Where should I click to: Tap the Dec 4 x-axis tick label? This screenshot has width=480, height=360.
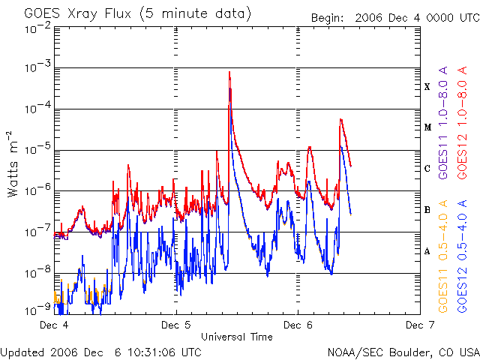point(55,325)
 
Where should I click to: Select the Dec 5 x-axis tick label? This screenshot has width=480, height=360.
point(176,325)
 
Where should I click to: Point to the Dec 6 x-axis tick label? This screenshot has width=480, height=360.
point(298,325)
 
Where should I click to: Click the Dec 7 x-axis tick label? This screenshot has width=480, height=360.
point(418,325)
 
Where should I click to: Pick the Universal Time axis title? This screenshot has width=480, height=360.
point(236,337)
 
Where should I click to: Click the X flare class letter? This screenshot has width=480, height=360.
point(427,87)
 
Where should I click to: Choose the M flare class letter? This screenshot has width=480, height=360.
point(427,127)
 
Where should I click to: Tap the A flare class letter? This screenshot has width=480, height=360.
point(427,251)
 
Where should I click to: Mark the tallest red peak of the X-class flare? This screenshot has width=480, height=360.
point(229,72)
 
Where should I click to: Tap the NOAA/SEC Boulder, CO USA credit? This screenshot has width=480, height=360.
point(403,351)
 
